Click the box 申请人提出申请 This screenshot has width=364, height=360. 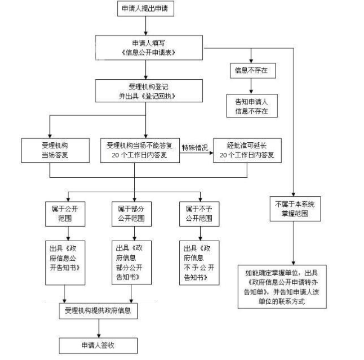145,9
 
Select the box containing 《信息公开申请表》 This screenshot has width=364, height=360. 145,46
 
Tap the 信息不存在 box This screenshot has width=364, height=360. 252,70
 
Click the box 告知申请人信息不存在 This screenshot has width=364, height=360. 252,105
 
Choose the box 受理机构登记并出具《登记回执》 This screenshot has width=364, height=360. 145,90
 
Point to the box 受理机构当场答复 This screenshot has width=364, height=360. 55,150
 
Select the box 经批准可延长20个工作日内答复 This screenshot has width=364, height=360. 247,150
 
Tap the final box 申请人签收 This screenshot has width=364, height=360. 98,345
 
